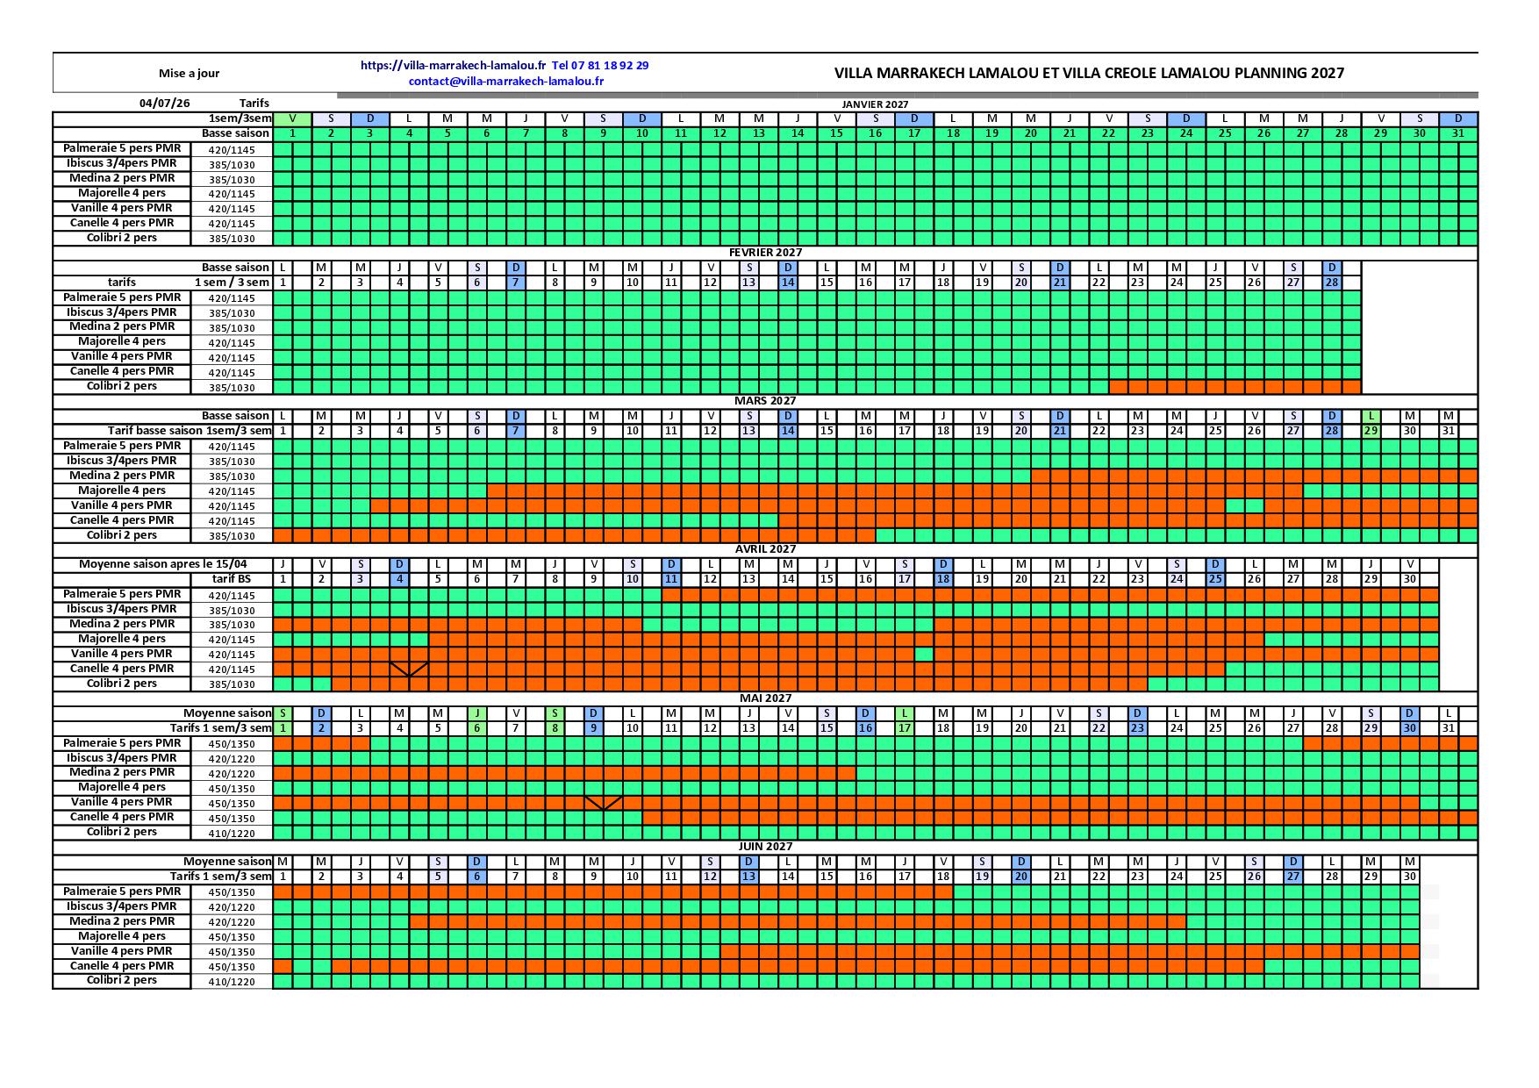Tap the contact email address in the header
506,81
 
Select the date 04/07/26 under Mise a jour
164,103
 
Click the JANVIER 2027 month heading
875,104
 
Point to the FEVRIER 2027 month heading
765,253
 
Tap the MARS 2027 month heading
765,401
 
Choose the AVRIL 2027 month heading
765,549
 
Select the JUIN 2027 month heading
765,847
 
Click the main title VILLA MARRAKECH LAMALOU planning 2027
1089,73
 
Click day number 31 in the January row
1458,133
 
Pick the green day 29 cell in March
1371,431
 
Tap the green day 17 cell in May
905,728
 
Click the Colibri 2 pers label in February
122,386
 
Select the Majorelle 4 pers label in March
122,490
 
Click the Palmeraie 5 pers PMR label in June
122,891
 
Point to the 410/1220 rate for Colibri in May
232,834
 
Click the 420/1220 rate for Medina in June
232,923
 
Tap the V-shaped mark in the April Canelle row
409,669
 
